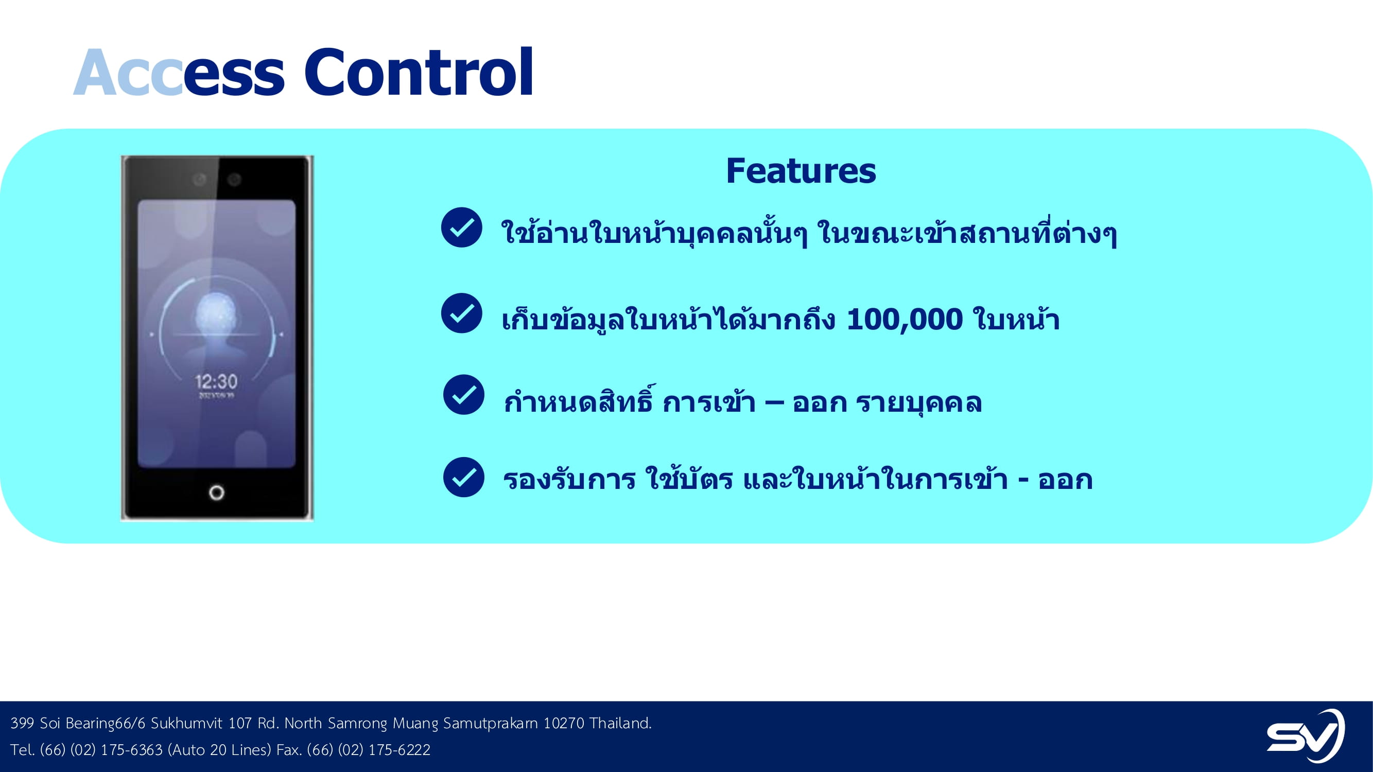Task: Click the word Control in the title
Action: tap(419, 73)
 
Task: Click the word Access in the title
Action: tap(179, 73)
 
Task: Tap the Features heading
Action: tap(801, 171)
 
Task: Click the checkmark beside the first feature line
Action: tap(462, 227)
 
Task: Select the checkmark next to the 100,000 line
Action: tap(462, 313)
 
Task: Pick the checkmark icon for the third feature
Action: tap(464, 395)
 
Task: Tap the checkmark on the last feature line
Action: tap(464, 478)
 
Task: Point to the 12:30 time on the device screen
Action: tap(216, 381)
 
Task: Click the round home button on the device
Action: tap(216, 493)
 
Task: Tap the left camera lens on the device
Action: tap(199, 179)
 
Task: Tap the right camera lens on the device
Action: tap(235, 180)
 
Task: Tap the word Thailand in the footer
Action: tap(620, 723)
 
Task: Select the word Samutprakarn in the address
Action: tap(490, 724)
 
